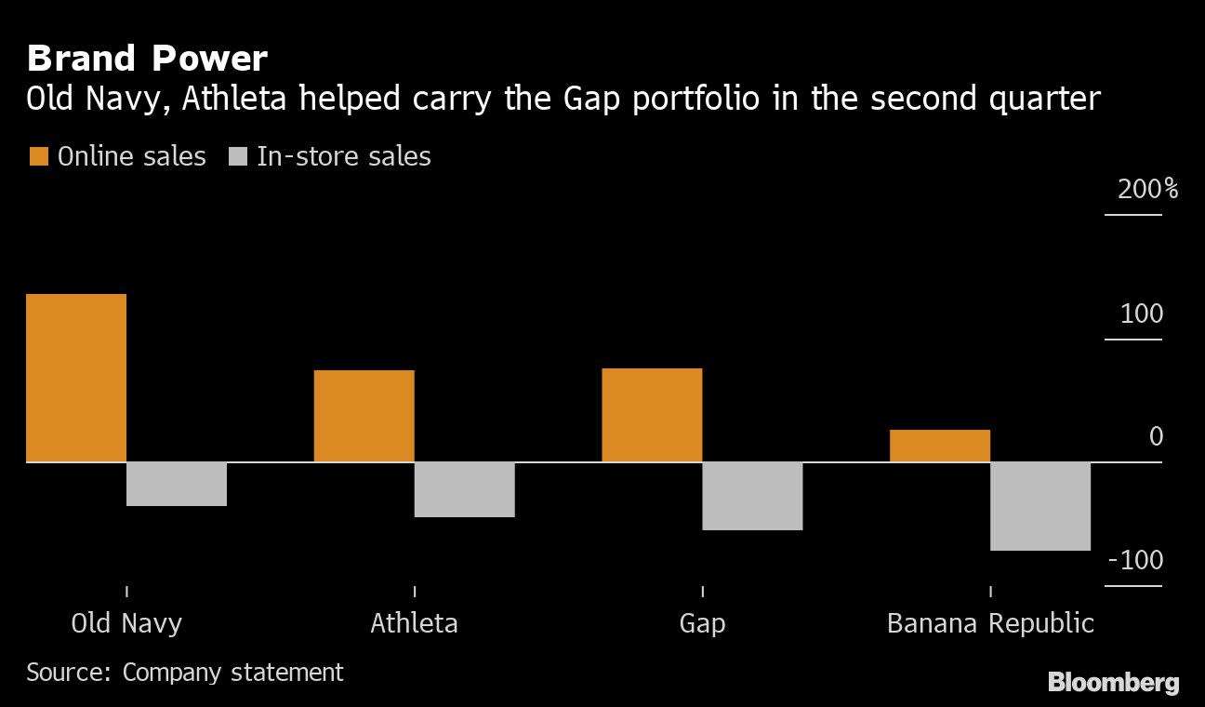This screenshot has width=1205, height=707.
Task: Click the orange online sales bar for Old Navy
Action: [76, 378]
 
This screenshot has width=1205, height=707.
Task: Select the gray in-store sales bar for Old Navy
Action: [177, 484]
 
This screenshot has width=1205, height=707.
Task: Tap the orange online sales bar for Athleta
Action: [364, 416]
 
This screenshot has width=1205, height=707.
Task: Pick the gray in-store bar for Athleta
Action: [465, 489]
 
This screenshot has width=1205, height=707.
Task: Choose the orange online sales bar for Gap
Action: [652, 415]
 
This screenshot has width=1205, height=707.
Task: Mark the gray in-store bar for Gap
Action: [752, 496]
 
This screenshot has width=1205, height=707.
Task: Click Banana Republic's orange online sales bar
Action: [940, 446]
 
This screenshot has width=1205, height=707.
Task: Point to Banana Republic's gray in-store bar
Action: [1040, 506]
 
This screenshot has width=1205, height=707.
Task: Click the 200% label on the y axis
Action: [1147, 190]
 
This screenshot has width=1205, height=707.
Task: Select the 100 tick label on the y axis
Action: [1142, 314]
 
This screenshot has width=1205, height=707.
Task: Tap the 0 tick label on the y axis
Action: [1156, 437]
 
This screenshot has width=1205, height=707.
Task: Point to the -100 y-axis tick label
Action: [1136, 561]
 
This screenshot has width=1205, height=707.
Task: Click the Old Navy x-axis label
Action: [126, 622]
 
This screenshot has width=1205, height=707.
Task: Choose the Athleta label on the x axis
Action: [414, 622]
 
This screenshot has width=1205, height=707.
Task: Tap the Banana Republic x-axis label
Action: [990, 622]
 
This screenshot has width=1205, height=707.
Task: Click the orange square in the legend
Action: [38, 156]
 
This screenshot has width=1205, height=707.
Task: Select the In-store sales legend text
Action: [343, 156]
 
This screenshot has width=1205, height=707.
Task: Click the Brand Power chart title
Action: [147, 60]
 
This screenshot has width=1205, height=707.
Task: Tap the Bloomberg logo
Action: [1113, 682]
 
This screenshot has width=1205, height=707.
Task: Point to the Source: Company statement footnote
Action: [185, 672]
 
